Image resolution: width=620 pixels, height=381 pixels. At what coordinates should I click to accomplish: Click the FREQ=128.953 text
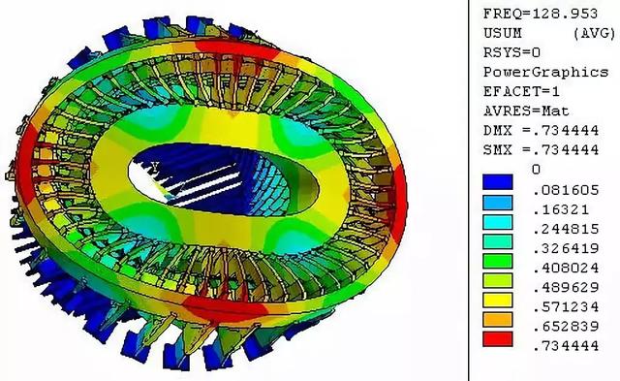(541, 14)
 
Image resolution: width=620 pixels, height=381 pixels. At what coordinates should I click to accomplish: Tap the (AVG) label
(595, 33)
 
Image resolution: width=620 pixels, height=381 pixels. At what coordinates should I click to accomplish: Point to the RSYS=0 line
(512, 52)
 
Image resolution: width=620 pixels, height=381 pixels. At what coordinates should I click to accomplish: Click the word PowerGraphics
(545, 73)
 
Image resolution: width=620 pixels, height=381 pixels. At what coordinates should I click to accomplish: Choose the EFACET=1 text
(521, 92)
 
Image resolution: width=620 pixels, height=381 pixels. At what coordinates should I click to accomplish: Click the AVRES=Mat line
(526, 111)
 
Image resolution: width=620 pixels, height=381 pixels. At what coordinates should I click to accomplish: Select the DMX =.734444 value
(541, 131)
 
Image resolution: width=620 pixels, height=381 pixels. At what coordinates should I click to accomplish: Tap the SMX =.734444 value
(541, 150)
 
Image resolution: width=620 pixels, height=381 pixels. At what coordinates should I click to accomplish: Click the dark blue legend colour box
(497, 182)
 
